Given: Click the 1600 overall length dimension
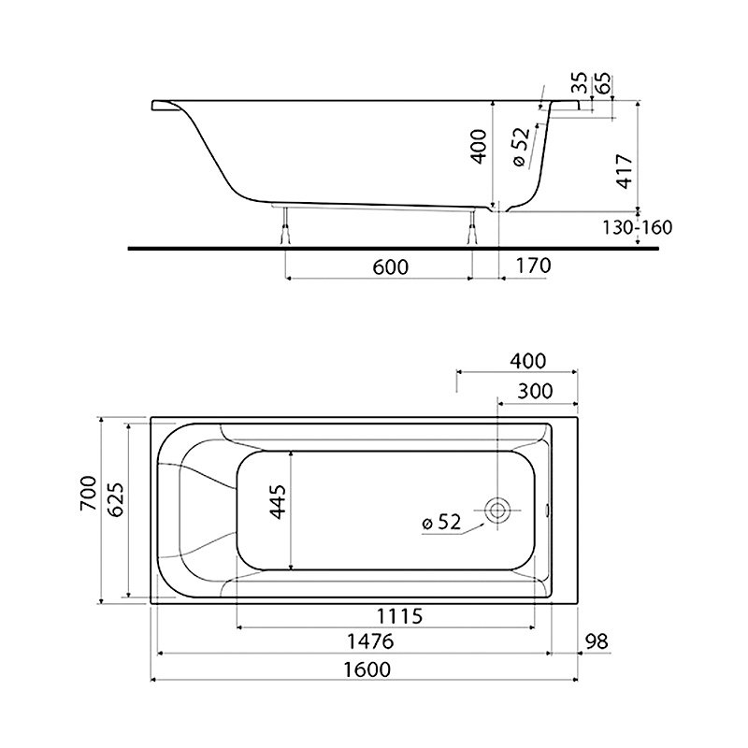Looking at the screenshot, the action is tap(367, 669).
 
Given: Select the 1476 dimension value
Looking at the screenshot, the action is tap(370, 641).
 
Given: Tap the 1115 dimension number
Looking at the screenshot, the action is tap(400, 616).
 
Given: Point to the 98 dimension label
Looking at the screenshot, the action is tap(597, 641).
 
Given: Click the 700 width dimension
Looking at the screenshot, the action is tap(89, 494).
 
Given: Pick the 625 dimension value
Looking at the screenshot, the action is tap(115, 499).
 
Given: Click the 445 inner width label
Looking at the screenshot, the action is tap(278, 501).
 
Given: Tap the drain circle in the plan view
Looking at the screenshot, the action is tap(497, 510).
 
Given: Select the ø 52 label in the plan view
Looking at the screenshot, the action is tap(441, 523).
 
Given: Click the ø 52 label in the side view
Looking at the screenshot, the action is tap(522, 147).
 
